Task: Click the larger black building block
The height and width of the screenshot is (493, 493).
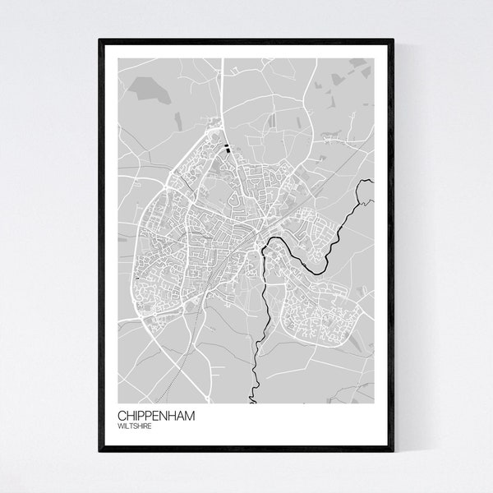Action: click(227, 149)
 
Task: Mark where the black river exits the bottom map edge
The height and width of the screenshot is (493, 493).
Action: click(248, 402)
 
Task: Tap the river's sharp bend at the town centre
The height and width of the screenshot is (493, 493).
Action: click(264, 247)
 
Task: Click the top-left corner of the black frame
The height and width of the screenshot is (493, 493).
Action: click(99, 39)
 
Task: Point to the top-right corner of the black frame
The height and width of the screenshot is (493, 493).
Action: click(395, 39)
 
